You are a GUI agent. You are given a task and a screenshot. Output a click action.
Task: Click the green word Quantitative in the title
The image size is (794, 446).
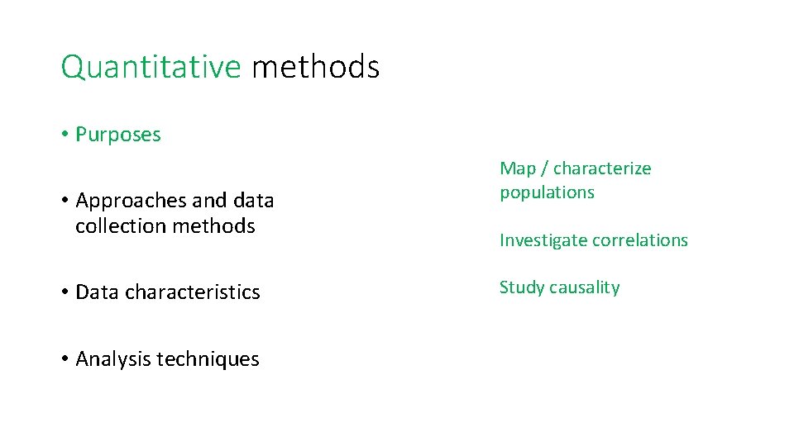pos(150,67)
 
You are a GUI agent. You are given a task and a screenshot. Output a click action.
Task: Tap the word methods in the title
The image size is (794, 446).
pos(315,67)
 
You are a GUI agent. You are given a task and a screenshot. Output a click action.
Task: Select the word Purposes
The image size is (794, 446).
pos(118,135)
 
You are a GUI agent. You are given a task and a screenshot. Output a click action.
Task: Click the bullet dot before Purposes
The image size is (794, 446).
pos(64,135)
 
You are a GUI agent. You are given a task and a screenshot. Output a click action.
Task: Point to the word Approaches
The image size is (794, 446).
pos(131,201)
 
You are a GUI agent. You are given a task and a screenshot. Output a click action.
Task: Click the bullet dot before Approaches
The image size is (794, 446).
pos(64,201)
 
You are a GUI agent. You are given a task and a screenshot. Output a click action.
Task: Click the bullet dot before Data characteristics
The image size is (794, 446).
pos(64,292)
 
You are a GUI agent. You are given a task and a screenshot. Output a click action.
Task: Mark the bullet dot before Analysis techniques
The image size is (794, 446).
pos(64,359)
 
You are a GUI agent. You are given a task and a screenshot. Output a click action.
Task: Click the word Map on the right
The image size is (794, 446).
pos(518,168)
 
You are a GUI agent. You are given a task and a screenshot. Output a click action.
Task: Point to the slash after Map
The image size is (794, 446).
pos(544,168)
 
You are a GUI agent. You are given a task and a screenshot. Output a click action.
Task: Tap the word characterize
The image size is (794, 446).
pos(602,168)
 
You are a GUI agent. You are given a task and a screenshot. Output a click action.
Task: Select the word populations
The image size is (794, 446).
pos(547,192)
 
